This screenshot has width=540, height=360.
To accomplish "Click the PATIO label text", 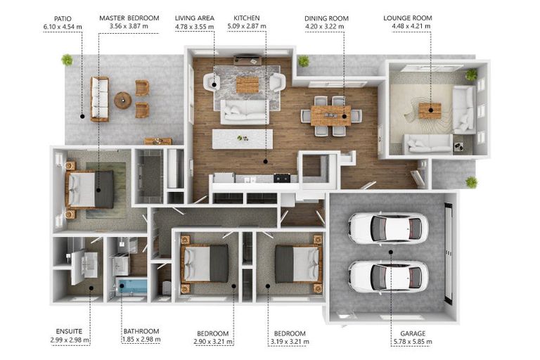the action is pyautogui.click(x=63, y=18).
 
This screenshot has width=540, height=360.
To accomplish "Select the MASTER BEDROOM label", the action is pyautogui.click(x=129, y=18).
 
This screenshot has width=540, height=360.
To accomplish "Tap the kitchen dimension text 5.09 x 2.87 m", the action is pyautogui.click(x=247, y=26).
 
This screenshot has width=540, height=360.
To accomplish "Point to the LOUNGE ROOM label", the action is pyautogui.click(x=408, y=18).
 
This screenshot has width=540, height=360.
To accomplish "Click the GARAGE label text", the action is pyautogui.click(x=413, y=333).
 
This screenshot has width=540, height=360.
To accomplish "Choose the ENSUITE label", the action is pyautogui.click(x=69, y=331).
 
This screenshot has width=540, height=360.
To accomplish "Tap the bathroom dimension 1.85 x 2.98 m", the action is pyautogui.click(x=141, y=340).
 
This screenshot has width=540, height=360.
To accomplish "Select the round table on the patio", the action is pyautogui.click(x=122, y=101).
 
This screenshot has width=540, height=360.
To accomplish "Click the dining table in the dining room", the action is pyautogui.click(x=330, y=116).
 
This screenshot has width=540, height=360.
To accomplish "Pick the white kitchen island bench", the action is pyautogui.click(x=243, y=139).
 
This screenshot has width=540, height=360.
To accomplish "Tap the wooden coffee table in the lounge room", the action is pyautogui.click(x=430, y=110).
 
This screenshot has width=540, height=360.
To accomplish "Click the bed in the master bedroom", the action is pyautogui.click(x=89, y=189).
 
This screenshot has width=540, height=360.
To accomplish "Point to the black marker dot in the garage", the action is pyautogui.click(x=391, y=252).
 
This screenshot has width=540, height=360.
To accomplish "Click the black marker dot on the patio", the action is pyautogui.click(x=82, y=117).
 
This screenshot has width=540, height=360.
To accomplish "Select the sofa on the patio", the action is pyautogui.click(x=100, y=99).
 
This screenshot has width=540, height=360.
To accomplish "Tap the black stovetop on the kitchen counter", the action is pyautogui.click(x=282, y=178).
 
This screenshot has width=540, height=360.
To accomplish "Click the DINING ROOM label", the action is pyautogui.click(x=326, y=18).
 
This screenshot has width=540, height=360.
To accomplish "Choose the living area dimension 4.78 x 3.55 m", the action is pyautogui.click(x=194, y=26).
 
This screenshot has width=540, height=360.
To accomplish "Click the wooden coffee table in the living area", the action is pyautogui.click(x=247, y=85).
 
